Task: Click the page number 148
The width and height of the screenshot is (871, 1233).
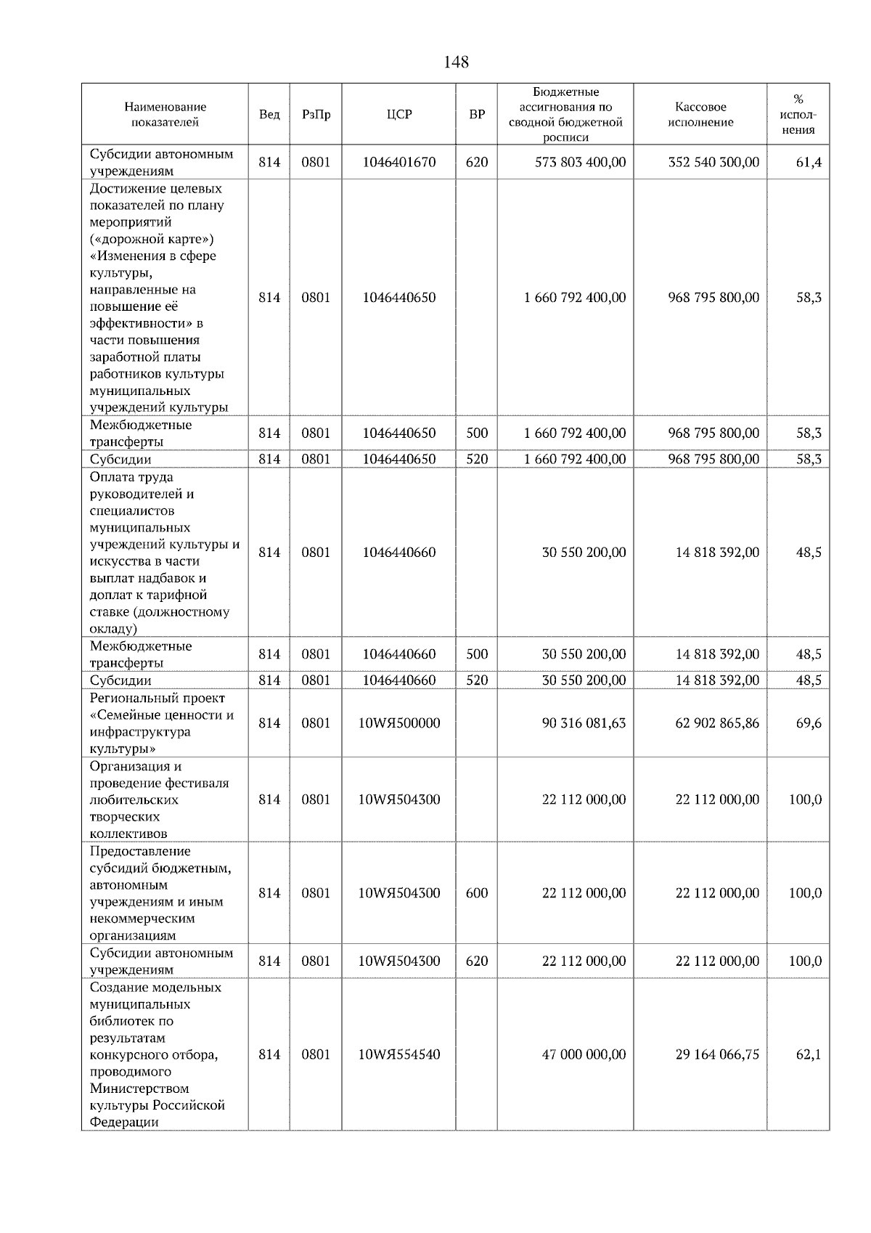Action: [456, 62]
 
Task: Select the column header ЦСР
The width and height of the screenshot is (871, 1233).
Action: [399, 115]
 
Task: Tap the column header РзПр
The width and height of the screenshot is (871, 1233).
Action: [316, 115]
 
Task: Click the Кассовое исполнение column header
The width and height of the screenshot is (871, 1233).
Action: [700, 115]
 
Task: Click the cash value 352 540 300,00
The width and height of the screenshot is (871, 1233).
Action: [713, 162]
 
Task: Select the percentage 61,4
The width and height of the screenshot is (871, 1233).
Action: [809, 162]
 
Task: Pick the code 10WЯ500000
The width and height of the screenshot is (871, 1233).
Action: [399, 723]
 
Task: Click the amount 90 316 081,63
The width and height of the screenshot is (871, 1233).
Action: [584, 723]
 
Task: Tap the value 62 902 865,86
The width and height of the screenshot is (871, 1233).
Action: [717, 723]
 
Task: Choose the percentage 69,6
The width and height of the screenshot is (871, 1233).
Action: [809, 723]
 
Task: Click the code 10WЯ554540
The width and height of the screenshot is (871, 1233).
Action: [399, 1054]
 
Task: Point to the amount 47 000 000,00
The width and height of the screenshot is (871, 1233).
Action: [584, 1054]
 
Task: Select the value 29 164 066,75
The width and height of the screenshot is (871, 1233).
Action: [717, 1054]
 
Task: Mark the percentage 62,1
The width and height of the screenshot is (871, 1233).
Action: [809, 1054]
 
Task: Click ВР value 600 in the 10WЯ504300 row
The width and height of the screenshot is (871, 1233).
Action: [477, 893]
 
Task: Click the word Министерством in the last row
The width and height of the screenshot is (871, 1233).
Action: [139, 1088]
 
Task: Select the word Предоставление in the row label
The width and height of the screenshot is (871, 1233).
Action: [140, 851]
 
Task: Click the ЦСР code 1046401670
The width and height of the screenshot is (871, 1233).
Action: [399, 162]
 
